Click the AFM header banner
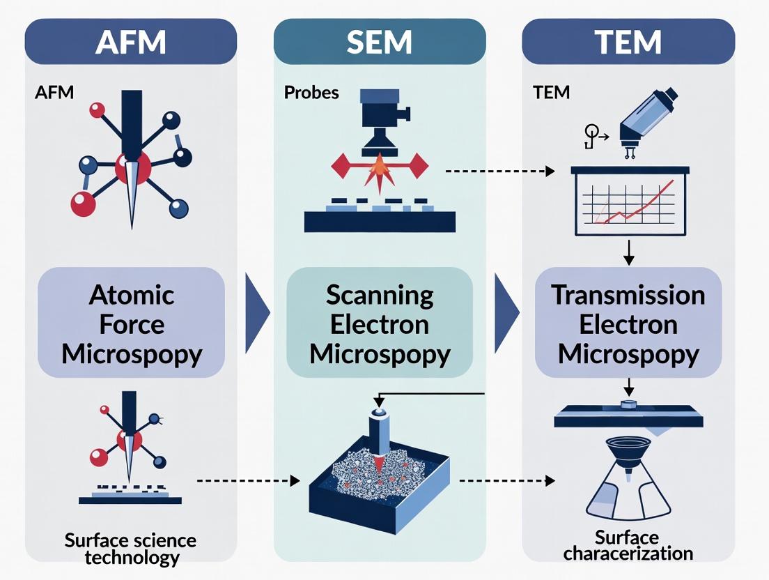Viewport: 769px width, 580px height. [x=131, y=41]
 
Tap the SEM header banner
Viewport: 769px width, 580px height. [x=380, y=41]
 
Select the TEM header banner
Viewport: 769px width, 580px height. [x=628, y=41]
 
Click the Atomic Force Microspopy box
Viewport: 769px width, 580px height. [x=132, y=325]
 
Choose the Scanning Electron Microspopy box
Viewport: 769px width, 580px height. [x=380, y=325]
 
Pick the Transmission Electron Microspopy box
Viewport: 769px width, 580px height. [x=628, y=325]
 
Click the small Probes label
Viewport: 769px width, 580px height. [x=311, y=92]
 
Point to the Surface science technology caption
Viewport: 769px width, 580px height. [x=130, y=549]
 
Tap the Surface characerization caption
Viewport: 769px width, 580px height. [x=628, y=546]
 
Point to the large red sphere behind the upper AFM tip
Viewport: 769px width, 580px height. [x=133, y=168]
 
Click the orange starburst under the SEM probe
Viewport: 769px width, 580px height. [x=380, y=167]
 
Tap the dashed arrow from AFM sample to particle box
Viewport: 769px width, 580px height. [x=248, y=480]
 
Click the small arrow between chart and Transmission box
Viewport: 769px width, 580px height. [x=628, y=252]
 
